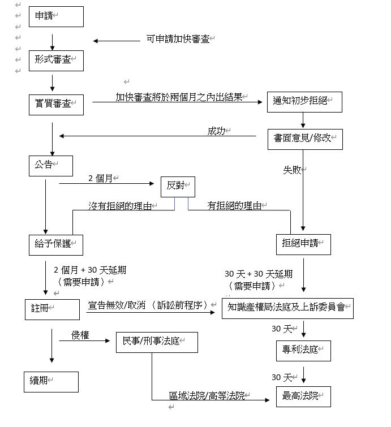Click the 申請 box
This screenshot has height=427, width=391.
click(x=56, y=16)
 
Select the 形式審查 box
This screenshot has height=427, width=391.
click(x=56, y=61)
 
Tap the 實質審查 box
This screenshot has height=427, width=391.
click(x=56, y=105)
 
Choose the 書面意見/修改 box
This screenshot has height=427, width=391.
click(x=305, y=139)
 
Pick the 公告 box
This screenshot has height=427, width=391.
click(x=51, y=165)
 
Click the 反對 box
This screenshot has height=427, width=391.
click(x=177, y=187)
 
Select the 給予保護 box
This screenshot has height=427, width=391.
click(x=55, y=244)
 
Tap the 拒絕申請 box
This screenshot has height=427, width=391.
click(x=303, y=244)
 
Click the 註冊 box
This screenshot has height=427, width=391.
click(x=51, y=309)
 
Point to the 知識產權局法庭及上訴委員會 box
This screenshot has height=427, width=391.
click(x=287, y=309)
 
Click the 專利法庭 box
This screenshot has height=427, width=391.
click(x=303, y=351)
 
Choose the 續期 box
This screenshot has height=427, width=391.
click(x=51, y=382)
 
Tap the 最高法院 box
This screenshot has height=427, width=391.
click(x=303, y=396)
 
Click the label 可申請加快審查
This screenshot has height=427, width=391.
click(x=178, y=39)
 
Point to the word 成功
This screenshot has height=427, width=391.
click(x=216, y=131)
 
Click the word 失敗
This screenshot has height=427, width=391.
click(x=292, y=170)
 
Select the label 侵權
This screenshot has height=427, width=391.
click(x=80, y=335)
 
